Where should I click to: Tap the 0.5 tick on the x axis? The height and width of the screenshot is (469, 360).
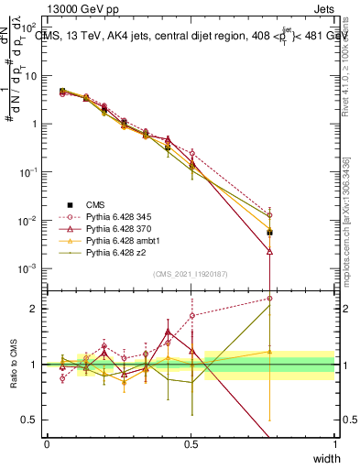pos(191,443)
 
